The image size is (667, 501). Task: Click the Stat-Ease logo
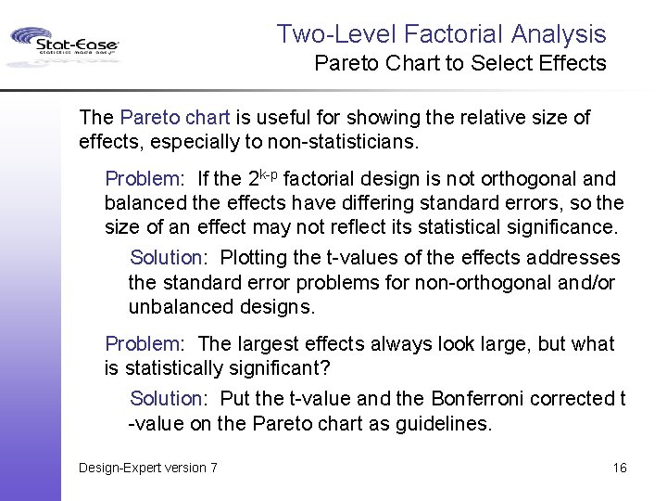[65, 44]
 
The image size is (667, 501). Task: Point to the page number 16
[620, 468]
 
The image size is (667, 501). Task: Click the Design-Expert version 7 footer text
[148, 468]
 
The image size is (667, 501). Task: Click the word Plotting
[255, 257]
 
